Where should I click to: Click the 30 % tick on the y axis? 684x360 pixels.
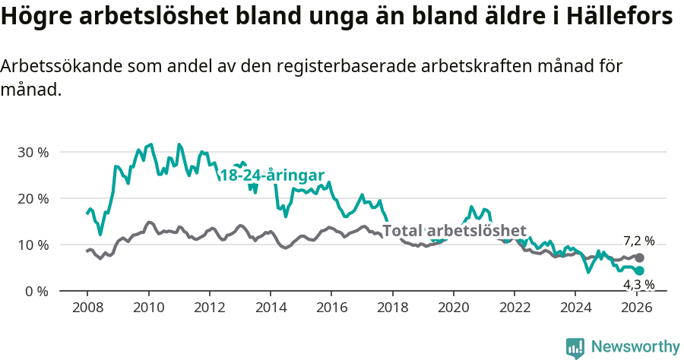pyautogui.click(x=33, y=152)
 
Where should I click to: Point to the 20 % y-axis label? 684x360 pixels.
pyautogui.click(x=33, y=198)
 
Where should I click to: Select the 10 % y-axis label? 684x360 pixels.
pyautogui.click(x=33, y=245)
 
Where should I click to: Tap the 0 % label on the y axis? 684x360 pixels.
pyautogui.click(x=36, y=291)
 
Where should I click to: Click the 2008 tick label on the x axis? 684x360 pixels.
pyautogui.click(x=87, y=308)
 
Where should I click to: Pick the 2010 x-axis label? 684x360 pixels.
pyautogui.click(x=148, y=308)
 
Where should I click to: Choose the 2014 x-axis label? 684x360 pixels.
pyautogui.click(x=271, y=308)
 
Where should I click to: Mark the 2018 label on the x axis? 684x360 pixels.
pyautogui.click(x=392, y=308)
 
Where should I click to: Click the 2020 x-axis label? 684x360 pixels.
pyautogui.click(x=454, y=308)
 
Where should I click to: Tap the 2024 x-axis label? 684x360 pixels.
pyautogui.click(x=575, y=308)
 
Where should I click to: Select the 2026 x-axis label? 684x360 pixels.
pyautogui.click(x=636, y=308)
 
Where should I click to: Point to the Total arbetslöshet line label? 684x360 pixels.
pyautogui.click(x=454, y=231)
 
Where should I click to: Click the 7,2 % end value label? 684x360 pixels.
pyautogui.click(x=638, y=241)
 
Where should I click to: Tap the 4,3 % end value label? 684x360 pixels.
pyautogui.click(x=638, y=285)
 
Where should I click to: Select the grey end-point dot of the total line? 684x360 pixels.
pyautogui.click(x=639, y=257)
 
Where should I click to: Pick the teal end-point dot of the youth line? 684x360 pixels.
pyautogui.click(x=639, y=271)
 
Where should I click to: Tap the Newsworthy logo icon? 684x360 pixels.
pyautogui.click(x=575, y=348)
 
